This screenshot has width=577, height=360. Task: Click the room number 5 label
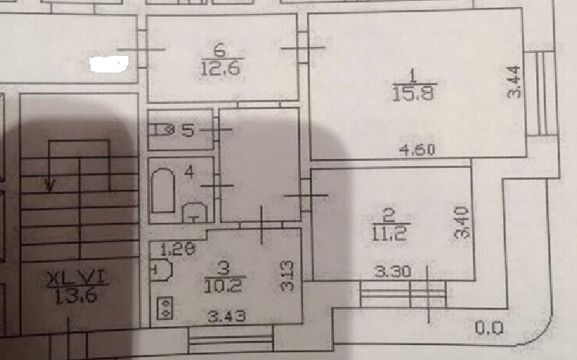point(187,131)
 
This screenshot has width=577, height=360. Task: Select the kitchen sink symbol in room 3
point(161,270)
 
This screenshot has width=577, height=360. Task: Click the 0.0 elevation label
point(488,327)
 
